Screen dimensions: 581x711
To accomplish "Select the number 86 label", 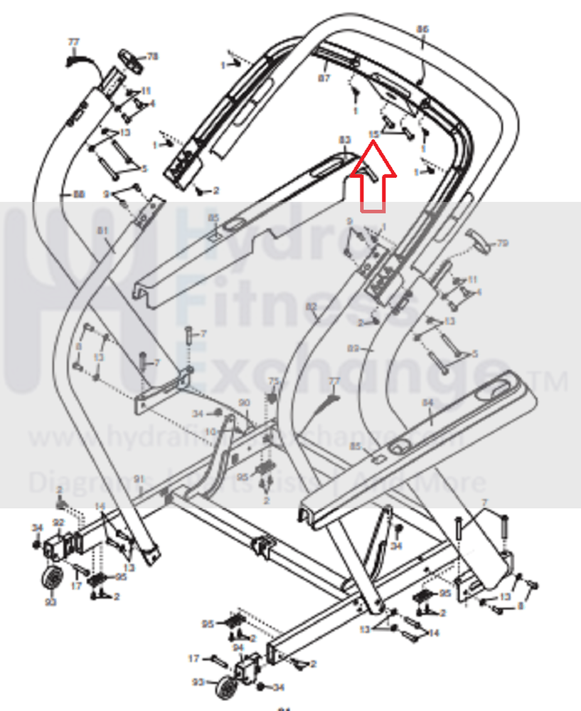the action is [422, 29].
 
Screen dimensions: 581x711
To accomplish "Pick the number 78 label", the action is [152, 56].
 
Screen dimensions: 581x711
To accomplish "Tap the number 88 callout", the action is [78, 194].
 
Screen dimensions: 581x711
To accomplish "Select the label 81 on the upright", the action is [102, 231].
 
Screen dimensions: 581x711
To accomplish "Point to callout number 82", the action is [311, 307].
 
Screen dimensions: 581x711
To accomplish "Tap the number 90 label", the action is [245, 403].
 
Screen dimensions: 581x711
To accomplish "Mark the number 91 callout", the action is [139, 478].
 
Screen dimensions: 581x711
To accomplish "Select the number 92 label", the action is [58, 523].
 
